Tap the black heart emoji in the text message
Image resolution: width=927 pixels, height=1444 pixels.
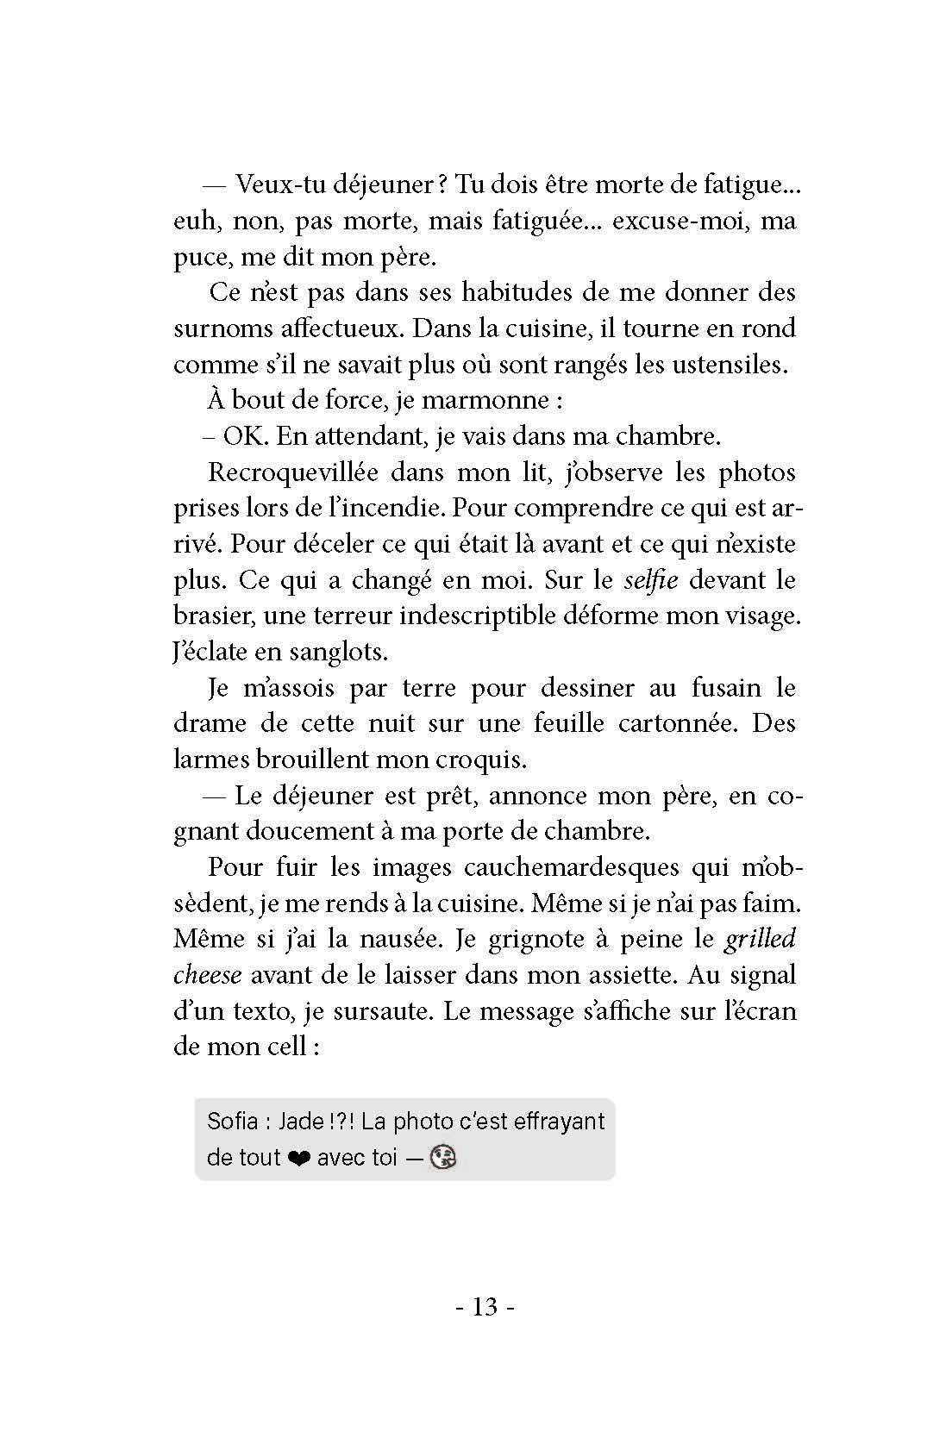coord(299,1158)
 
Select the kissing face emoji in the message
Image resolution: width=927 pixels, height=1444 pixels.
coord(443,1157)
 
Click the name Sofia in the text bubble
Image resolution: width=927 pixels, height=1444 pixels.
coord(233,1121)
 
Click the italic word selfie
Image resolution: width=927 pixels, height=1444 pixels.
coord(651,579)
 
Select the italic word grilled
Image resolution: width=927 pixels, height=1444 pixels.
coord(760,938)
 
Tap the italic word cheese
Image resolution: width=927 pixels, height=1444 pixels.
coord(208,974)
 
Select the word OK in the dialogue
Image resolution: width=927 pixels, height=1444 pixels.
coord(246,436)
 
